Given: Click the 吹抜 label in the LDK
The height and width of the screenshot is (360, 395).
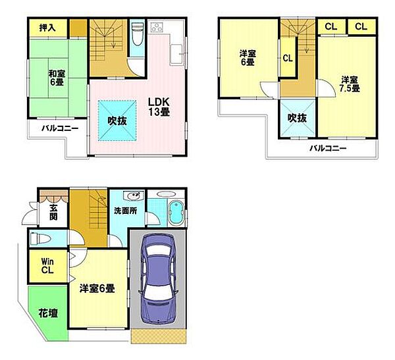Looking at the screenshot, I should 117,121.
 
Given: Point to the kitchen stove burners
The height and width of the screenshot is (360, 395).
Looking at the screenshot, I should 159,28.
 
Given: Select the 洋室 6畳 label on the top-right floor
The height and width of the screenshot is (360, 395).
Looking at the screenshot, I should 247,57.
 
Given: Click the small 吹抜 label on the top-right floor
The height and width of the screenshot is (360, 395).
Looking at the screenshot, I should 296,118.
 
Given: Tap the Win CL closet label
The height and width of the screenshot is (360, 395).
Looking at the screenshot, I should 47,264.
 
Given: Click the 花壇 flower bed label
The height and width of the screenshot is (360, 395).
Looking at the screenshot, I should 47,313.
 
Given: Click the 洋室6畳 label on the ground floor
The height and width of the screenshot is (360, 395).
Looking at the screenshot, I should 97,288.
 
